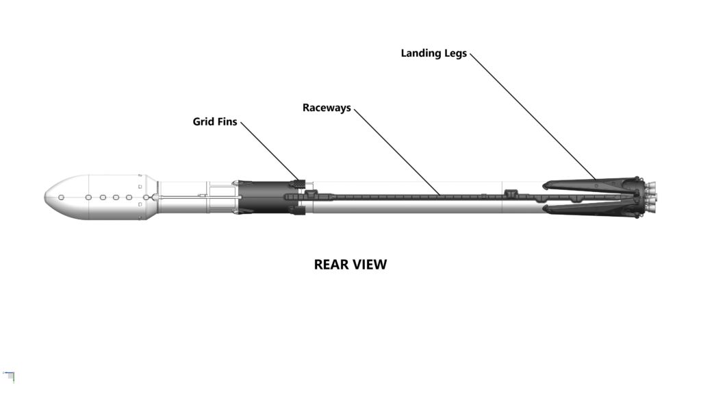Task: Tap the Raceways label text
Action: point(327,108)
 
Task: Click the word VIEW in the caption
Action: point(370,265)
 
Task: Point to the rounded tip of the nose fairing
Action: point(47,197)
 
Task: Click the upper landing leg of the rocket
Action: point(589,184)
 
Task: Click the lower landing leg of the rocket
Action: point(589,210)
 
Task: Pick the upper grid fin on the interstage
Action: point(296,183)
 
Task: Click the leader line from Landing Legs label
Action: point(534,117)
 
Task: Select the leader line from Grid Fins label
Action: point(269,151)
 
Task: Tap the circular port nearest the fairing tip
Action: point(61,197)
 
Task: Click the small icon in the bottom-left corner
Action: point(9,375)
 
